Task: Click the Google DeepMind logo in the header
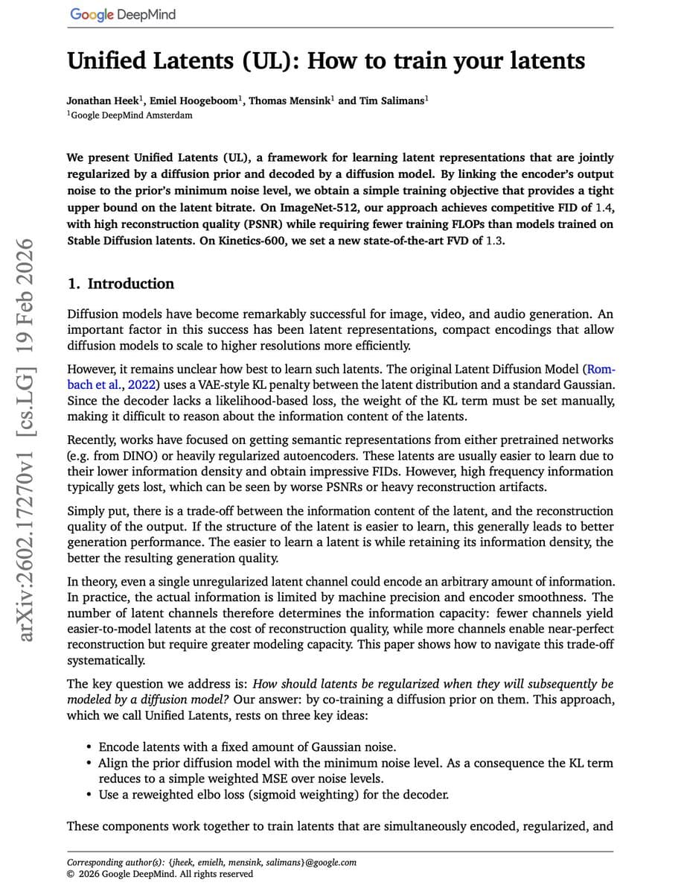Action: click(122, 14)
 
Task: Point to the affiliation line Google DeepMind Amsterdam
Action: click(131, 115)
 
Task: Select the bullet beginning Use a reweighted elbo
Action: click(273, 794)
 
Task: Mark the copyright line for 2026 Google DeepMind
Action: click(159, 874)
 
